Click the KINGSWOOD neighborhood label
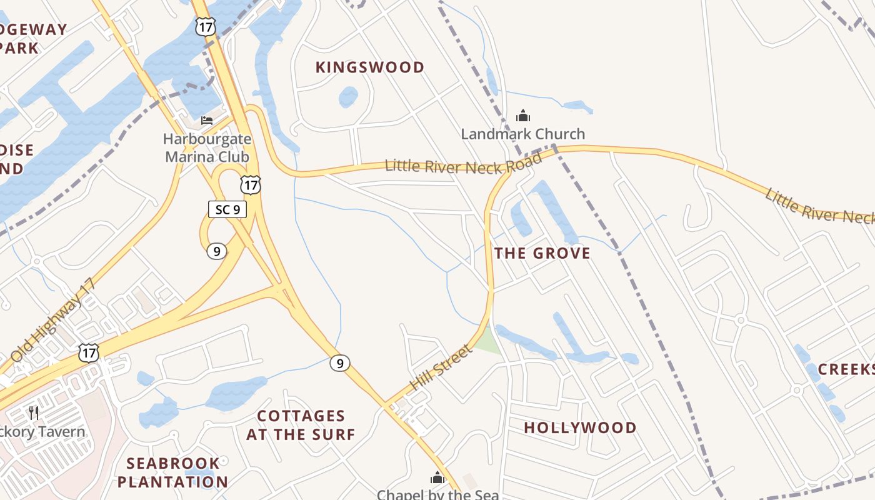pos(370,67)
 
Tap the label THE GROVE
pos(542,253)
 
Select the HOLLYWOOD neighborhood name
pos(580,428)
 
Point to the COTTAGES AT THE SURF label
pos(301,425)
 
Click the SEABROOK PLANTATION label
pos(172,472)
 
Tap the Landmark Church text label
pos(523,134)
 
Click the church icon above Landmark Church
pos(522,116)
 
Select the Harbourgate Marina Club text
pos(207,148)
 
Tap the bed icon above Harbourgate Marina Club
pos(207,120)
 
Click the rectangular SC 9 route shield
pos(227,209)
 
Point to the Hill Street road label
pos(441,368)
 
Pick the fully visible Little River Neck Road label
pos(463,164)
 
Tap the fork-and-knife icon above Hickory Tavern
pos(34,412)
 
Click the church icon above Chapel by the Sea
pos(437,478)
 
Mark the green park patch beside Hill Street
pos(487,341)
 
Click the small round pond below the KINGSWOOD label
pos(348,97)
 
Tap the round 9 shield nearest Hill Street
pos(339,362)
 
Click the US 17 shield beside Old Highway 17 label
pos(89,352)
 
